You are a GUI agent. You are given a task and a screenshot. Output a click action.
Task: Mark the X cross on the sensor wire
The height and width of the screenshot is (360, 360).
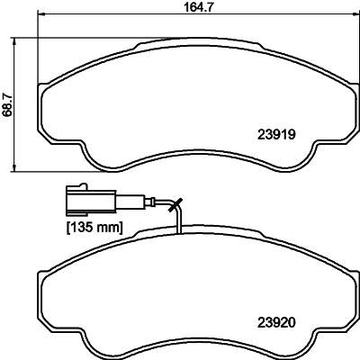[x=175, y=204]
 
